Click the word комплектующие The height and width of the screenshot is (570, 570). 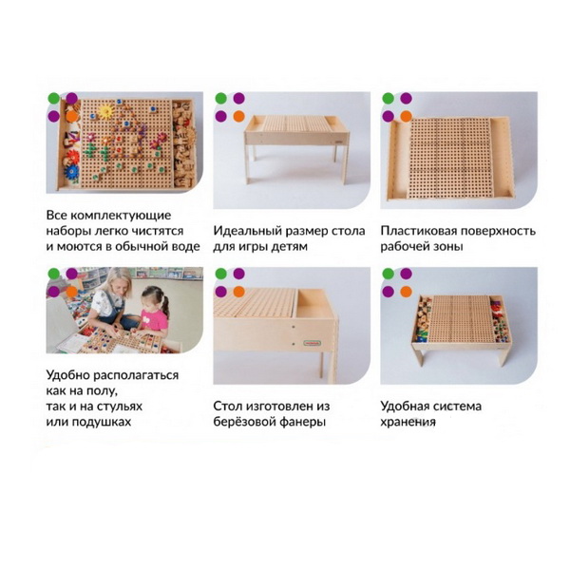pos(121,216)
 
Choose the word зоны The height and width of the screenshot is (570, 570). pos(446,247)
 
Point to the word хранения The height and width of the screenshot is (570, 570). pos(408,423)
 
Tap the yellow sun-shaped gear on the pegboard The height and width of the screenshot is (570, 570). pos(105,111)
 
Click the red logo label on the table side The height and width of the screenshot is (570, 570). pos(312,342)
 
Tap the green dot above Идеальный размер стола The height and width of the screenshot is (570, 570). pos(220,98)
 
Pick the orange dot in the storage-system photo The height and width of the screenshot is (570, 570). pos(406,292)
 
